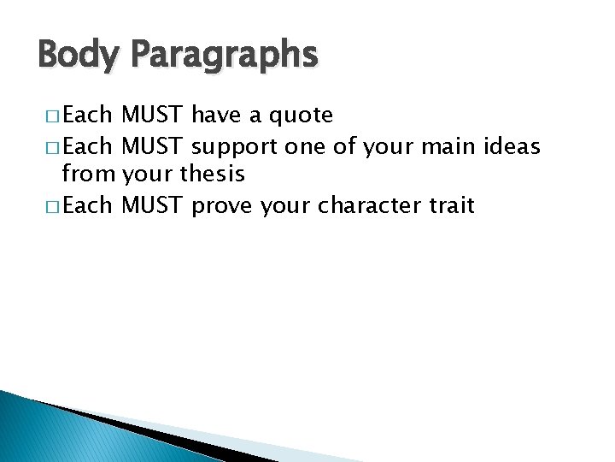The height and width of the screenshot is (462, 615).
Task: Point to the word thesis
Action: point(214,175)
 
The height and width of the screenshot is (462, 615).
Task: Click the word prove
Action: point(222,206)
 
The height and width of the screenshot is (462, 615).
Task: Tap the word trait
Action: point(449,206)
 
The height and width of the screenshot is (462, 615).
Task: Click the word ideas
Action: point(511,147)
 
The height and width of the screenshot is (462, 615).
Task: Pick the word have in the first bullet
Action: point(218,115)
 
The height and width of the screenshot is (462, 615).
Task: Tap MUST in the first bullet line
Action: point(153,115)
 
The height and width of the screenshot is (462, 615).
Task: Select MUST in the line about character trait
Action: point(153,206)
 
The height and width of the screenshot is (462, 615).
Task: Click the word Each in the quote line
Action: point(88,115)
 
